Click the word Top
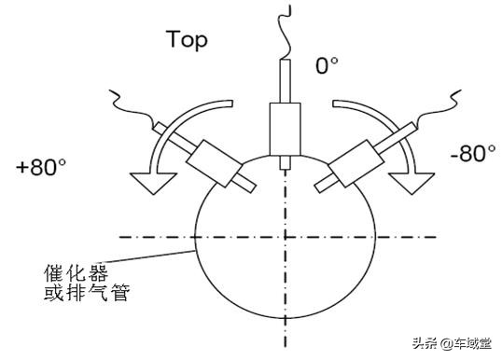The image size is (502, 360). [x=187, y=40]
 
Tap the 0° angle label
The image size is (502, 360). [x=327, y=67]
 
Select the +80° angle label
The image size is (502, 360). [x=40, y=168]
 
